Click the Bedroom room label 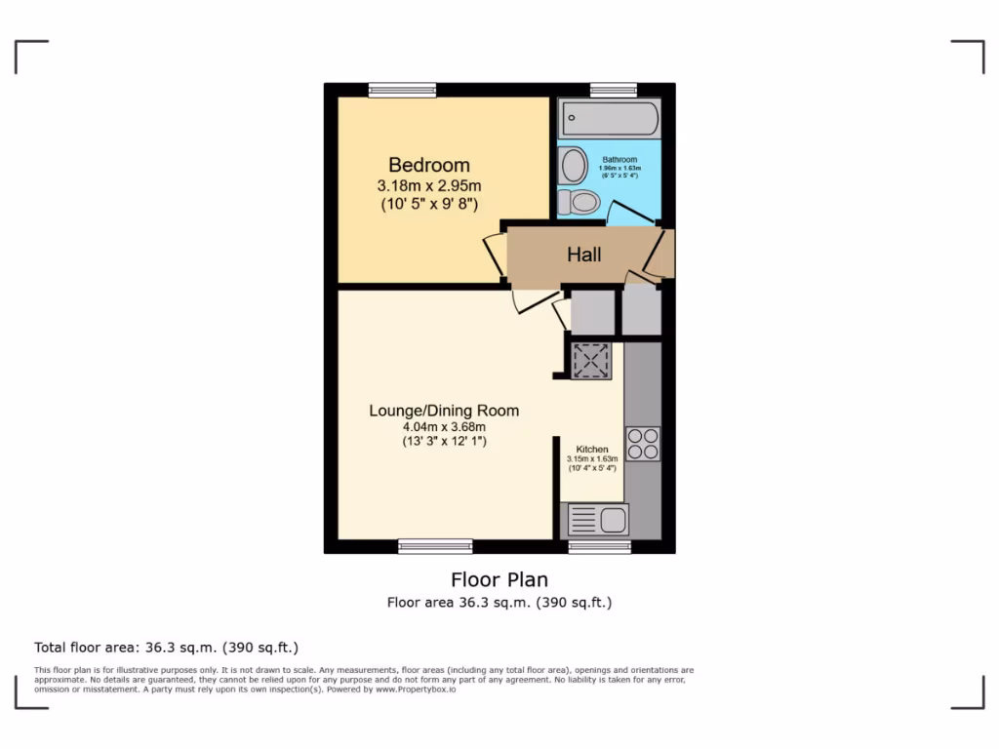point(428,165)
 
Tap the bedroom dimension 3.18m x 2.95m point(429,185)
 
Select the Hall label point(584,255)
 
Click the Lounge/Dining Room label point(444,411)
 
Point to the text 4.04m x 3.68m point(444,426)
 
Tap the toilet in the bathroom point(582,202)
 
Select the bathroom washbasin point(574,167)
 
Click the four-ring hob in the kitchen point(643,444)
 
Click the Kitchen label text point(592,450)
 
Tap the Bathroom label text point(619,159)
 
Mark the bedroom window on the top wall point(402,90)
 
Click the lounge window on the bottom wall point(435,546)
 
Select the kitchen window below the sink point(599,546)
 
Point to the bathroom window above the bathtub point(614,90)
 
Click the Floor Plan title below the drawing point(499,580)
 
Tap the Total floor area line point(166,647)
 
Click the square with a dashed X point(591,361)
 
